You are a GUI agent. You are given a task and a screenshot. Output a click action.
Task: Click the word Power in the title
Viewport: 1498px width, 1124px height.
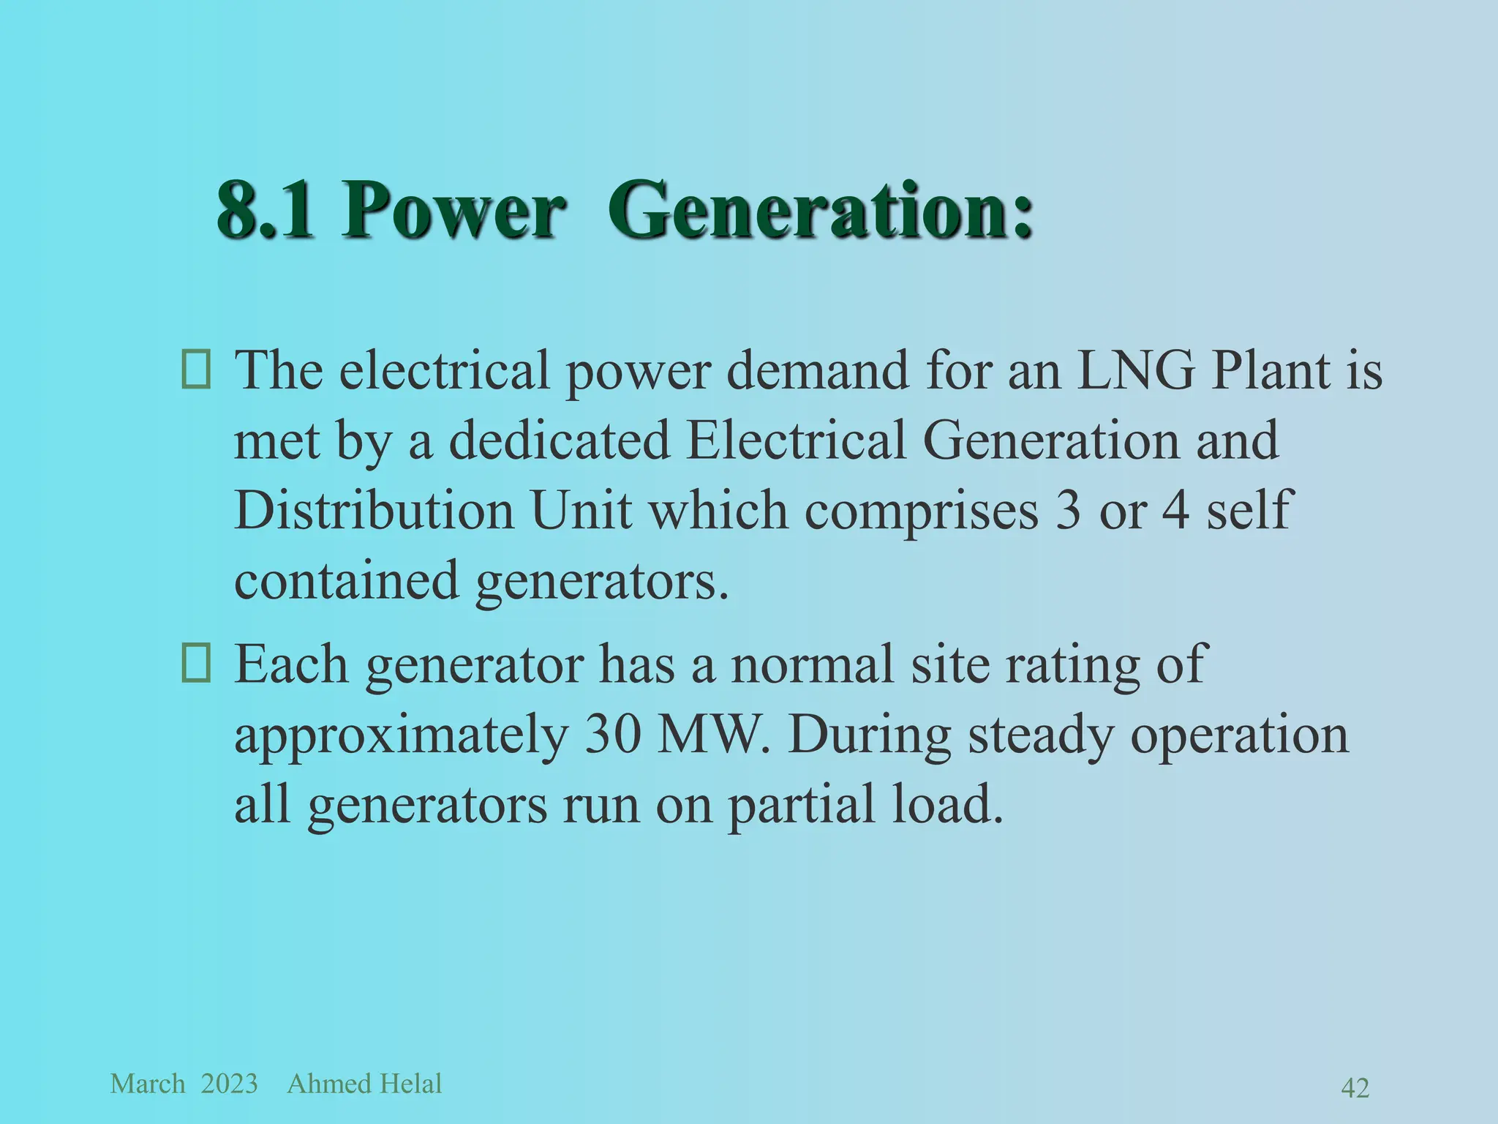(x=453, y=211)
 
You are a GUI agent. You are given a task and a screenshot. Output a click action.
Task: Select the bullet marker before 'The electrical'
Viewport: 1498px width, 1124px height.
(x=196, y=370)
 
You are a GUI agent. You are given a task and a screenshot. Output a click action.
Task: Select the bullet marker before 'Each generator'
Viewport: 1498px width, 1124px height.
(x=196, y=664)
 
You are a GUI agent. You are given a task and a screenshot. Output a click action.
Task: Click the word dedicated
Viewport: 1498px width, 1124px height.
(x=559, y=440)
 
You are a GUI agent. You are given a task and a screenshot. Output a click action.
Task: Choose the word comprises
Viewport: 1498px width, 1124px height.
(x=922, y=512)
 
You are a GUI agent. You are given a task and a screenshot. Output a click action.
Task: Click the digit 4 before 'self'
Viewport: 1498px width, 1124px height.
(x=1175, y=510)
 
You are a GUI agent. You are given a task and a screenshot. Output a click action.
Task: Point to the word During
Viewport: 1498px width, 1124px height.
(x=870, y=735)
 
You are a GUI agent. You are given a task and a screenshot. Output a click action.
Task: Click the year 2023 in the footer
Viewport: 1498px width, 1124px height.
(x=229, y=1084)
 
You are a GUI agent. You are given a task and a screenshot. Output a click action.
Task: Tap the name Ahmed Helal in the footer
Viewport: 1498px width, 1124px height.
(x=364, y=1084)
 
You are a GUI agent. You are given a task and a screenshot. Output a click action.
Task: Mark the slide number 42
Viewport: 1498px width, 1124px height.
(x=1355, y=1088)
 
